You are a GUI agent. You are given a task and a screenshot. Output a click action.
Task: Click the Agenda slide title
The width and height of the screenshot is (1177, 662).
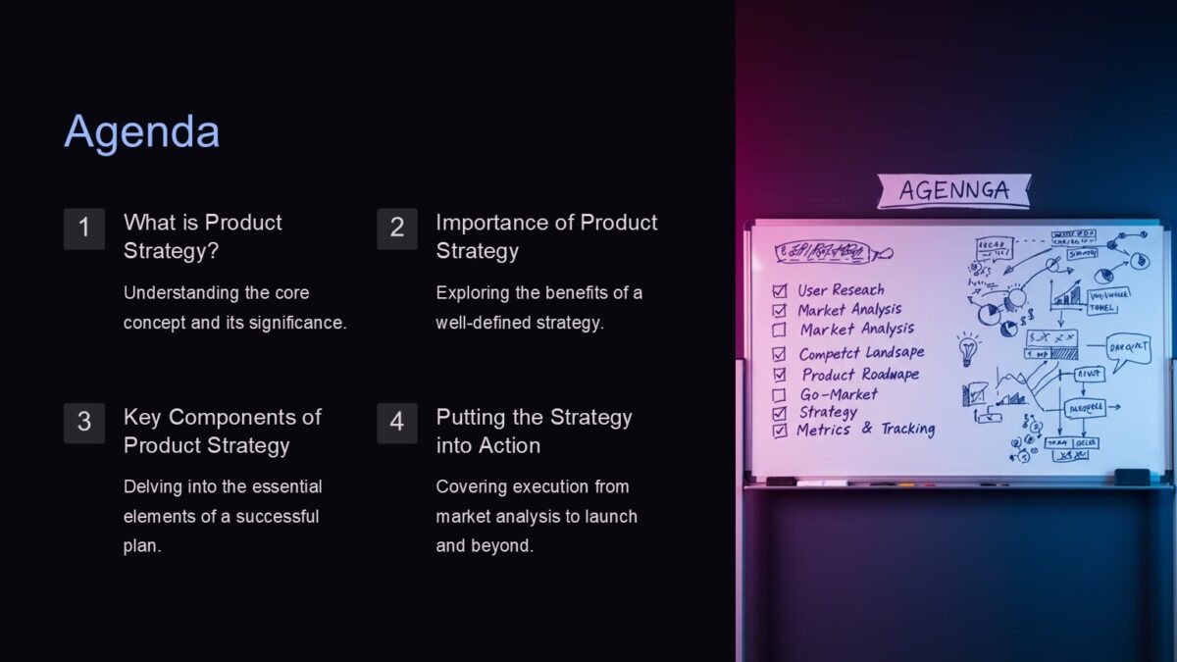tap(142, 132)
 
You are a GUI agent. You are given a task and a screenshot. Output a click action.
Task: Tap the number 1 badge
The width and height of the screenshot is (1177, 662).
tap(84, 229)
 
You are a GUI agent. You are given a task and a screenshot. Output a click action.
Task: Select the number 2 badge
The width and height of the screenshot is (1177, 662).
tap(397, 229)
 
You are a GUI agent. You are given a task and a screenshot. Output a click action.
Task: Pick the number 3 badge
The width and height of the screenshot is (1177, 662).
tap(84, 423)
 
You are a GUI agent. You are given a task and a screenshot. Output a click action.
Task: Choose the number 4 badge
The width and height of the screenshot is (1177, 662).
tap(397, 423)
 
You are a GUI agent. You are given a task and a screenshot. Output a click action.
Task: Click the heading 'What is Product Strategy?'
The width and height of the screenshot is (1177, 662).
tap(203, 236)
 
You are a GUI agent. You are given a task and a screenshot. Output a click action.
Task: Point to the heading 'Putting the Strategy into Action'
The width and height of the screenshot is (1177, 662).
tap(534, 431)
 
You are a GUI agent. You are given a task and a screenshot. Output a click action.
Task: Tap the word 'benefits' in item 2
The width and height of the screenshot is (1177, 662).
tap(593, 292)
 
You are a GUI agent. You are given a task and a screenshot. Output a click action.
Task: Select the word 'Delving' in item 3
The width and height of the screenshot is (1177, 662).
tap(153, 486)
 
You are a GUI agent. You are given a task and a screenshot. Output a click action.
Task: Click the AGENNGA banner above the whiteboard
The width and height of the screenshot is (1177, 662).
tap(953, 190)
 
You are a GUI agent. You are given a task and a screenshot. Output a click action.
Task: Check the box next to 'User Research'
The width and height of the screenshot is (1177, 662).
tap(780, 290)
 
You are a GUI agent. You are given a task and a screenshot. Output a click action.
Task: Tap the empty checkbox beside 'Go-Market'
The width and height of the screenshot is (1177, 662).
tap(779, 395)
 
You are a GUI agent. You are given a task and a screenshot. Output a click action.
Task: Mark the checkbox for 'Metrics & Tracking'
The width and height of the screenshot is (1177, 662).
tap(780, 431)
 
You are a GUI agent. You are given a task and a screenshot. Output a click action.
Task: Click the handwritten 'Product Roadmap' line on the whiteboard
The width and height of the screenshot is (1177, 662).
tap(859, 375)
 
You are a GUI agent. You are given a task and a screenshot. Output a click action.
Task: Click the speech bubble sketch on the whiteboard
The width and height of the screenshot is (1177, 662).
tap(1128, 348)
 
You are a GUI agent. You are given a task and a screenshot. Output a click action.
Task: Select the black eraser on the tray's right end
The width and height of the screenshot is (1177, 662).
tap(1132, 477)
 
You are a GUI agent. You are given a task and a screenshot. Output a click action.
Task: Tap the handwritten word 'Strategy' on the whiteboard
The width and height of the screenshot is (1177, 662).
tap(828, 412)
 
